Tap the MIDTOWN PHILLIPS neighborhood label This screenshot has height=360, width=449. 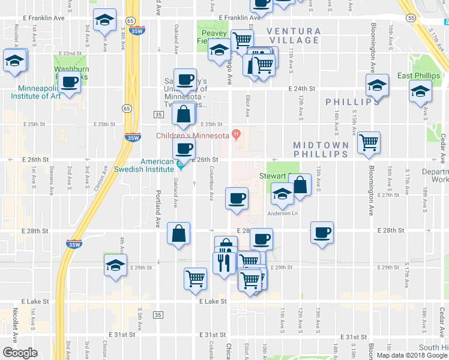click(x=321, y=150)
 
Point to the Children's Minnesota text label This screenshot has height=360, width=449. click(x=193, y=136)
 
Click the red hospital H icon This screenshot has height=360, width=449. click(x=237, y=133)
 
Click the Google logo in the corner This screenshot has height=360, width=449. click(x=20, y=353)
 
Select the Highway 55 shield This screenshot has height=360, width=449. click(x=411, y=19)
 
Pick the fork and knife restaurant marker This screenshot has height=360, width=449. click(x=224, y=262)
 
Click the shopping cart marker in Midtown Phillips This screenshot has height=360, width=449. click(x=369, y=142)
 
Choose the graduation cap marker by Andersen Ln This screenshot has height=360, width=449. click(x=282, y=193)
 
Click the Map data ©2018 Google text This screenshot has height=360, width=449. click(x=411, y=355)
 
